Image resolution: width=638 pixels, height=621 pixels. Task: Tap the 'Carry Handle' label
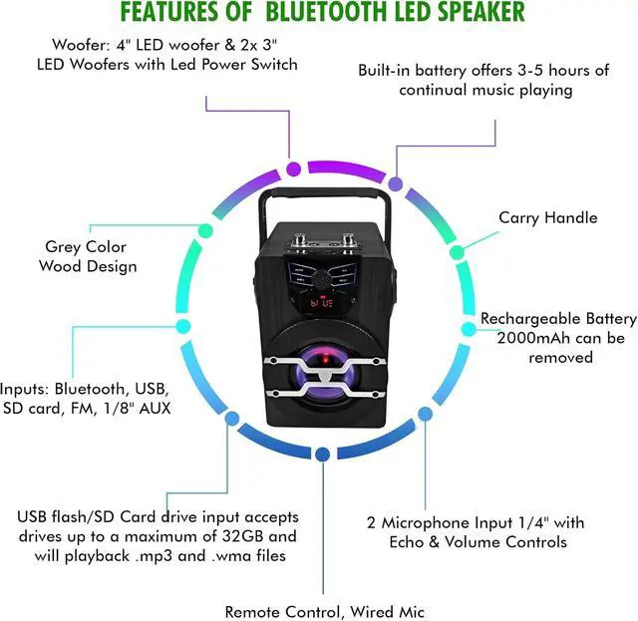(547, 218)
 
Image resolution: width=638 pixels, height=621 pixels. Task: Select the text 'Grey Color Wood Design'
(88, 256)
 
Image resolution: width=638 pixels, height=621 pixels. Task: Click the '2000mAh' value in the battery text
(517, 338)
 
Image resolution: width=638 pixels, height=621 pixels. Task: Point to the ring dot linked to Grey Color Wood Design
(206, 230)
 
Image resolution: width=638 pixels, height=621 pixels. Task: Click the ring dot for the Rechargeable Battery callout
(467, 329)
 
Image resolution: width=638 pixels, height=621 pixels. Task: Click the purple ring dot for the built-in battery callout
(396, 185)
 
